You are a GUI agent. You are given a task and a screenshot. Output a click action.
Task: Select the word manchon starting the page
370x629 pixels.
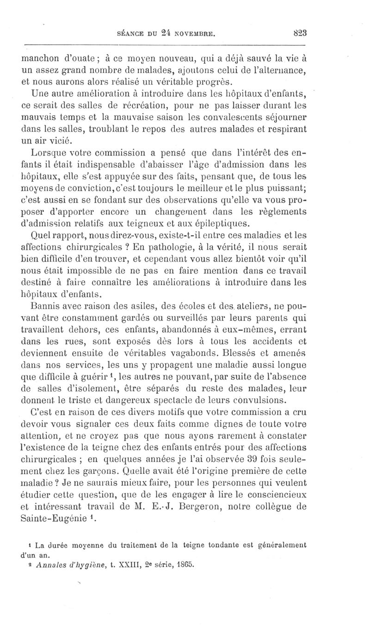click(x=40, y=59)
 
